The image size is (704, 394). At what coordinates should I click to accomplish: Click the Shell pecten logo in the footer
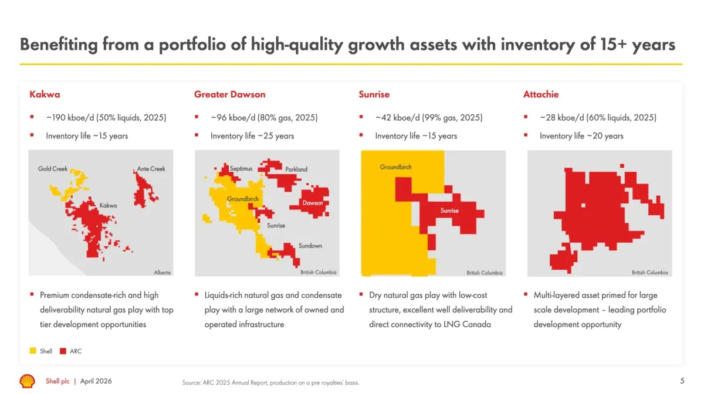click(x=27, y=381)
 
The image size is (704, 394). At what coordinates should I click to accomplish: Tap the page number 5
click(x=682, y=381)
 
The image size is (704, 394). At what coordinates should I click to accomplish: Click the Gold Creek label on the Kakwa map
click(x=53, y=169)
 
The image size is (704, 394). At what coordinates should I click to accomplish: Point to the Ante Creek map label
click(x=151, y=169)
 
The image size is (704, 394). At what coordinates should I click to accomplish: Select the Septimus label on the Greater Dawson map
click(x=241, y=169)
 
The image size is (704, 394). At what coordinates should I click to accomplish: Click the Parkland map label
click(x=296, y=169)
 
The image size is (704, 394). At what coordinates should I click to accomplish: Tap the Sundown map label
click(x=310, y=246)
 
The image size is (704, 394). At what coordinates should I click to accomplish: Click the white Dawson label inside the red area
click(x=313, y=203)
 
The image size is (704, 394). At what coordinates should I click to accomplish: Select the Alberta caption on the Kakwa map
click(x=162, y=273)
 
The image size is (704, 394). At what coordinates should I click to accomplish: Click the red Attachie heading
click(x=540, y=94)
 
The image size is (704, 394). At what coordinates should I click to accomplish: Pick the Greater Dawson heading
click(x=229, y=94)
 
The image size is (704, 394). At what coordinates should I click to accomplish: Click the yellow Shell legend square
click(x=33, y=351)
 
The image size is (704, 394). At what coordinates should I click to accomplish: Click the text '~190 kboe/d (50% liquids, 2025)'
click(x=106, y=118)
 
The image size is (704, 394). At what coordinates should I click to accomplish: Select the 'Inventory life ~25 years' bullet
click(x=252, y=136)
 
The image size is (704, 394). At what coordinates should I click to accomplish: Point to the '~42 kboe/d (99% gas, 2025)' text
click(x=429, y=118)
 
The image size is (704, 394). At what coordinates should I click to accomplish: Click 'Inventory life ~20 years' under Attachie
click(x=581, y=136)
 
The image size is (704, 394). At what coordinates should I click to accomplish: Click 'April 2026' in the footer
click(x=96, y=381)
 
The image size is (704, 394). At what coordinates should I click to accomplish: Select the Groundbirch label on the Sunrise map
click(x=396, y=167)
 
